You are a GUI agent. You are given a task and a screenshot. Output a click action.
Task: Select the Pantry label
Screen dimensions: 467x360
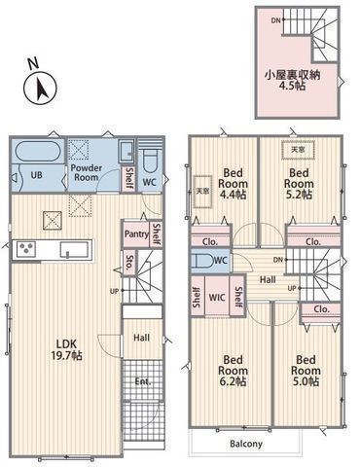click(x=135, y=233)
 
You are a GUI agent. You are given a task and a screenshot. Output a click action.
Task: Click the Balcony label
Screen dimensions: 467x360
click(x=246, y=445)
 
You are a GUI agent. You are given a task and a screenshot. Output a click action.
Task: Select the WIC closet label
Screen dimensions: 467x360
click(x=217, y=298)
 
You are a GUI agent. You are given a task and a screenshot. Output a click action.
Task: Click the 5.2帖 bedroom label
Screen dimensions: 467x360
click(x=300, y=181)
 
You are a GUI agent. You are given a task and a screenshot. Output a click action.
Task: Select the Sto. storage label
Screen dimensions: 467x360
click(x=130, y=261)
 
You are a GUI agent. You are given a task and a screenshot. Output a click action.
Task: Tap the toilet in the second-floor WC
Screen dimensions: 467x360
click(x=202, y=261)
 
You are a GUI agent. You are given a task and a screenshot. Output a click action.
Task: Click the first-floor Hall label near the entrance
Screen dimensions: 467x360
click(x=141, y=338)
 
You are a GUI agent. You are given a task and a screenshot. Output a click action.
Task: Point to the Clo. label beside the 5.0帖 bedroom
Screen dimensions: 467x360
click(x=320, y=308)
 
